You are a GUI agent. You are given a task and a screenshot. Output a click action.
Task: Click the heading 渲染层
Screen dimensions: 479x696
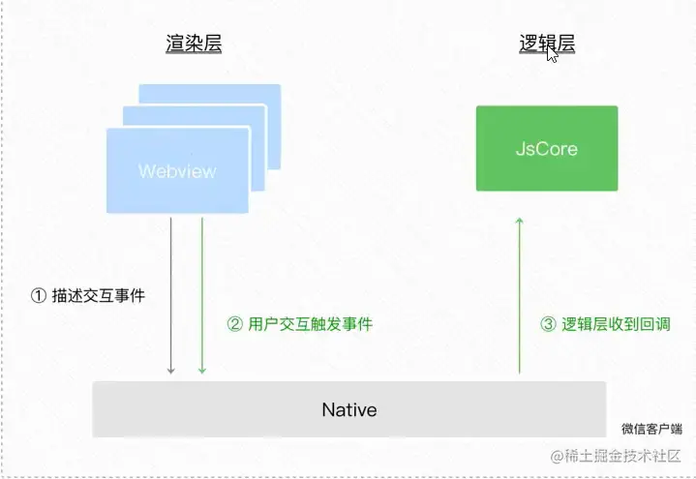(193, 44)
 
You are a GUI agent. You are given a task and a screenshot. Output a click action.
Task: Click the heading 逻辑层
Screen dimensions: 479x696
(547, 44)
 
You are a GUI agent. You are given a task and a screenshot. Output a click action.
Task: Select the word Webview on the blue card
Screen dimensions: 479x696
(177, 171)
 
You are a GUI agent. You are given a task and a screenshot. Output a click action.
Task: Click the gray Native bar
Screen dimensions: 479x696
(348, 409)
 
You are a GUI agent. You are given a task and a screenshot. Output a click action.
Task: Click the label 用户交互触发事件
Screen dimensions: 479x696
(310, 325)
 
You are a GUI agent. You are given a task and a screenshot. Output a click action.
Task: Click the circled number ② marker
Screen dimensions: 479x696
(234, 325)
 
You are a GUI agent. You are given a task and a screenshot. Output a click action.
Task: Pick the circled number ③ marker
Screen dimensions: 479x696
(547, 325)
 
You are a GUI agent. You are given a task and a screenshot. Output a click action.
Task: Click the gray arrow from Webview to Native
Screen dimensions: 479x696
(171, 290)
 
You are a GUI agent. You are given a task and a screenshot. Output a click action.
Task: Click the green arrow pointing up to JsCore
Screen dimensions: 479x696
(519, 290)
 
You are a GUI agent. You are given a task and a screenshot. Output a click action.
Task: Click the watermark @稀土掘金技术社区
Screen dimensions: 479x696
(617, 456)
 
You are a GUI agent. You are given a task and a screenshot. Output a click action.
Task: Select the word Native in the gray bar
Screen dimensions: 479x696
(348, 409)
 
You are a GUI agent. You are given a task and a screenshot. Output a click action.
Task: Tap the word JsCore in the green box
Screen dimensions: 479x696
(546, 150)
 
